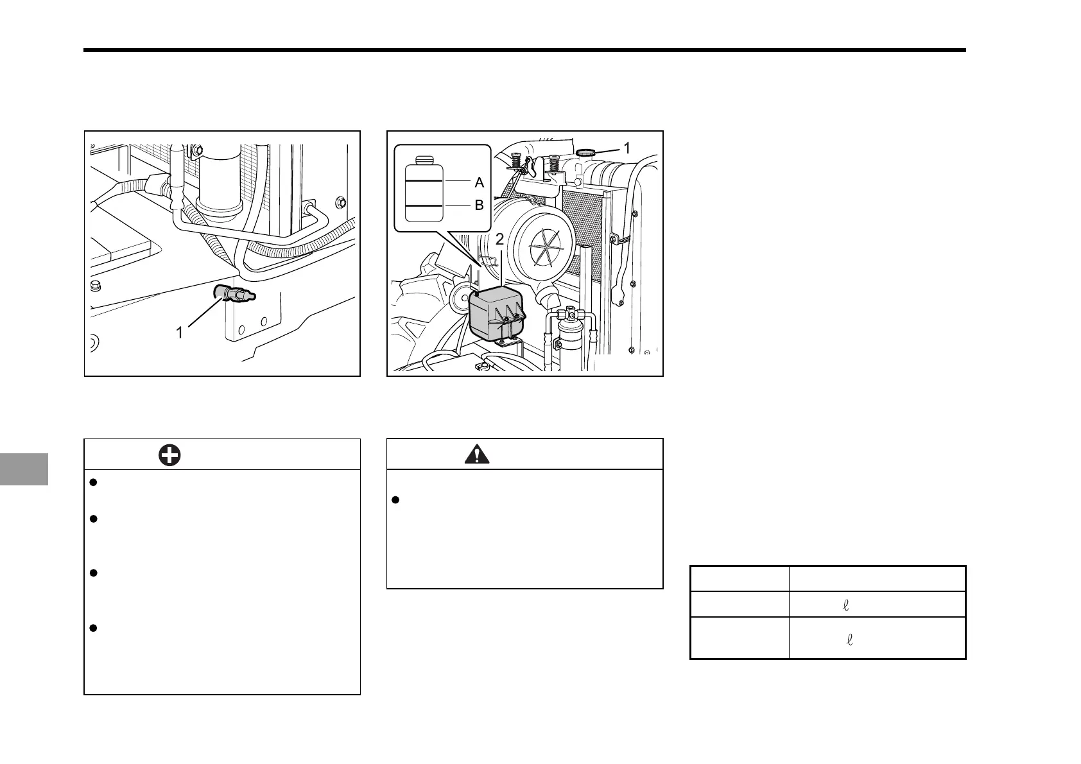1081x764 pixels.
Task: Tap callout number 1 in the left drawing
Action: pyautogui.click(x=180, y=333)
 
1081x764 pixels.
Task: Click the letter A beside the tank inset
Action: pyautogui.click(x=479, y=182)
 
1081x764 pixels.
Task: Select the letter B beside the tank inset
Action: pyautogui.click(x=479, y=206)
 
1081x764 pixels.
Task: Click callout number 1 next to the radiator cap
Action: pyautogui.click(x=627, y=147)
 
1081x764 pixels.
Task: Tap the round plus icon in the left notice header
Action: pyautogui.click(x=169, y=455)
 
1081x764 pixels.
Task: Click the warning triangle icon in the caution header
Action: pyautogui.click(x=476, y=455)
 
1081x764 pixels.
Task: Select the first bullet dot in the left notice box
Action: pyautogui.click(x=93, y=483)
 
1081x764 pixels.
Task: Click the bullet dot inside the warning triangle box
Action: pyautogui.click(x=395, y=500)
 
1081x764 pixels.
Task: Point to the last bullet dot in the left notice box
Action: pyautogui.click(x=93, y=628)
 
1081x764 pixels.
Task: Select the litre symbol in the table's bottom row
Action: pyautogui.click(x=850, y=639)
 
